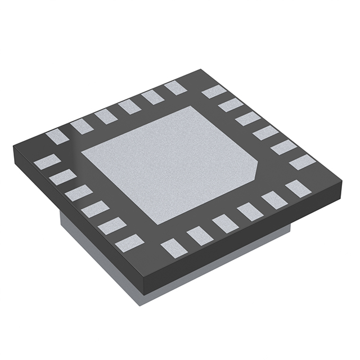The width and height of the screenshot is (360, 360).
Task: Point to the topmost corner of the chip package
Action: pyautogui.click(x=201, y=70)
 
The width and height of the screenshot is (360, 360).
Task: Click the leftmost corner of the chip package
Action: pyautogui.click(x=13, y=147)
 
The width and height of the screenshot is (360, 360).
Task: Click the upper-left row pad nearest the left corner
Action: pyautogui.click(x=57, y=136)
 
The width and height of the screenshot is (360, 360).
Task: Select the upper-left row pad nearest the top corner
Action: pyautogui.click(x=175, y=87)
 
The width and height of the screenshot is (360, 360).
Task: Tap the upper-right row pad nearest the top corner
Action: pyautogui.click(x=214, y=92)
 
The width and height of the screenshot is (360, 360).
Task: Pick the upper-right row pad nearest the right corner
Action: pyautogui.click(x=302, y=163)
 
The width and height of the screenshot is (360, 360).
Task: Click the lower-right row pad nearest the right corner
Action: pyautogui.click(x=298, y=188)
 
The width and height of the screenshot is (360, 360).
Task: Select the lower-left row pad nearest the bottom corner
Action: pyautogui.click(x=130, y=243)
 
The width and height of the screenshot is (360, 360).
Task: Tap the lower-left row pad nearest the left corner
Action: pyautogui.click(x=47, y=162)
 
